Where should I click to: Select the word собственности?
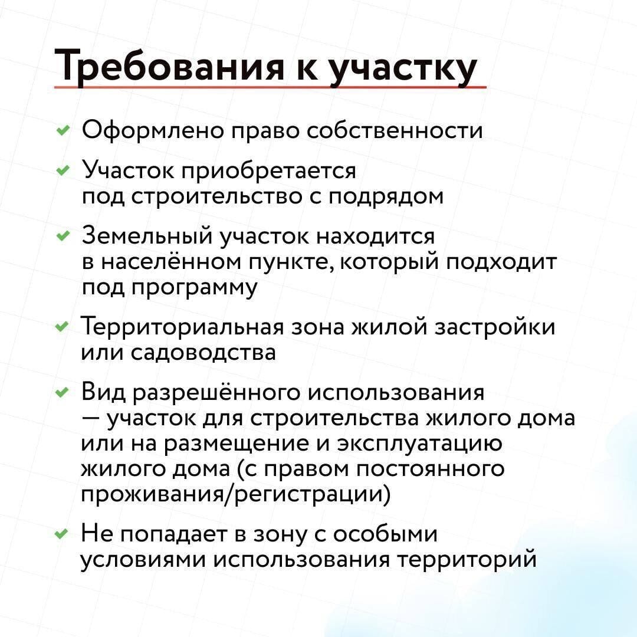(x=395, y=130)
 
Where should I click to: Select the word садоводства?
(x=203, y=352)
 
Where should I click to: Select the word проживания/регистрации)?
(x=235, y=495)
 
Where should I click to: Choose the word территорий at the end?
(x=467, y=560)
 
